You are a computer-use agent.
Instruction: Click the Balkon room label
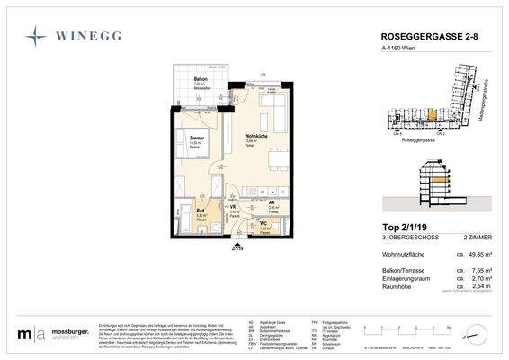point(188,80)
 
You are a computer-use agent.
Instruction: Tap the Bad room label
point(201,211)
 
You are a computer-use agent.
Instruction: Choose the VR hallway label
point(233,207)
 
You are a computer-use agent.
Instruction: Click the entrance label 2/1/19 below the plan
point(237,247)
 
